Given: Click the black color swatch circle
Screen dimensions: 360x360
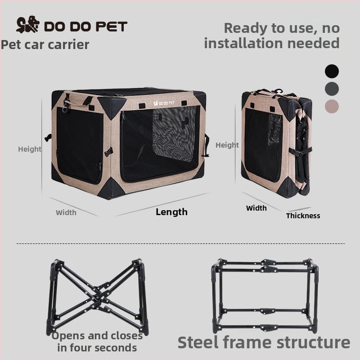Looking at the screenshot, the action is pos(332,71).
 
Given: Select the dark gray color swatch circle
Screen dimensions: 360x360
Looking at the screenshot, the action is pos(332,89).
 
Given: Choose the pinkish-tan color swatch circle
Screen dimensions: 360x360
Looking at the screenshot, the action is pos(332,106).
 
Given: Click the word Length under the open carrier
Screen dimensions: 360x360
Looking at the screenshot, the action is pos(171,212).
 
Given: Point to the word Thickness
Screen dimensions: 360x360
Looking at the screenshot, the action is pos(303,216).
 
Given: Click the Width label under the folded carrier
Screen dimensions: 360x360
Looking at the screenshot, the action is pos(256,208).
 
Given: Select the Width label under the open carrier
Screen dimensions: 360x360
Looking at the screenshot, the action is pos(66,212).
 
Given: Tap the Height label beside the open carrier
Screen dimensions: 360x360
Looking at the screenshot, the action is pos(30,149).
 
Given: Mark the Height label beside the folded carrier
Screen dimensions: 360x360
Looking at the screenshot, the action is pos(227,145).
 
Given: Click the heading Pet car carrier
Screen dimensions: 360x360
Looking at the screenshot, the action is pos(45,45).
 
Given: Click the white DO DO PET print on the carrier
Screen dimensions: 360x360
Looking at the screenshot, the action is pos(164,103).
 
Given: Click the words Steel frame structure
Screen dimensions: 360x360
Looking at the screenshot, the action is pos(264,342).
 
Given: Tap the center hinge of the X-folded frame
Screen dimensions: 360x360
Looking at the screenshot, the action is pos(98,297).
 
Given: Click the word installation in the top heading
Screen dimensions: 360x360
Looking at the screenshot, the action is pos(243,43).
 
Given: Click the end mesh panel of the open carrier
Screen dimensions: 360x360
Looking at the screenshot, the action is pos(80,145).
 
